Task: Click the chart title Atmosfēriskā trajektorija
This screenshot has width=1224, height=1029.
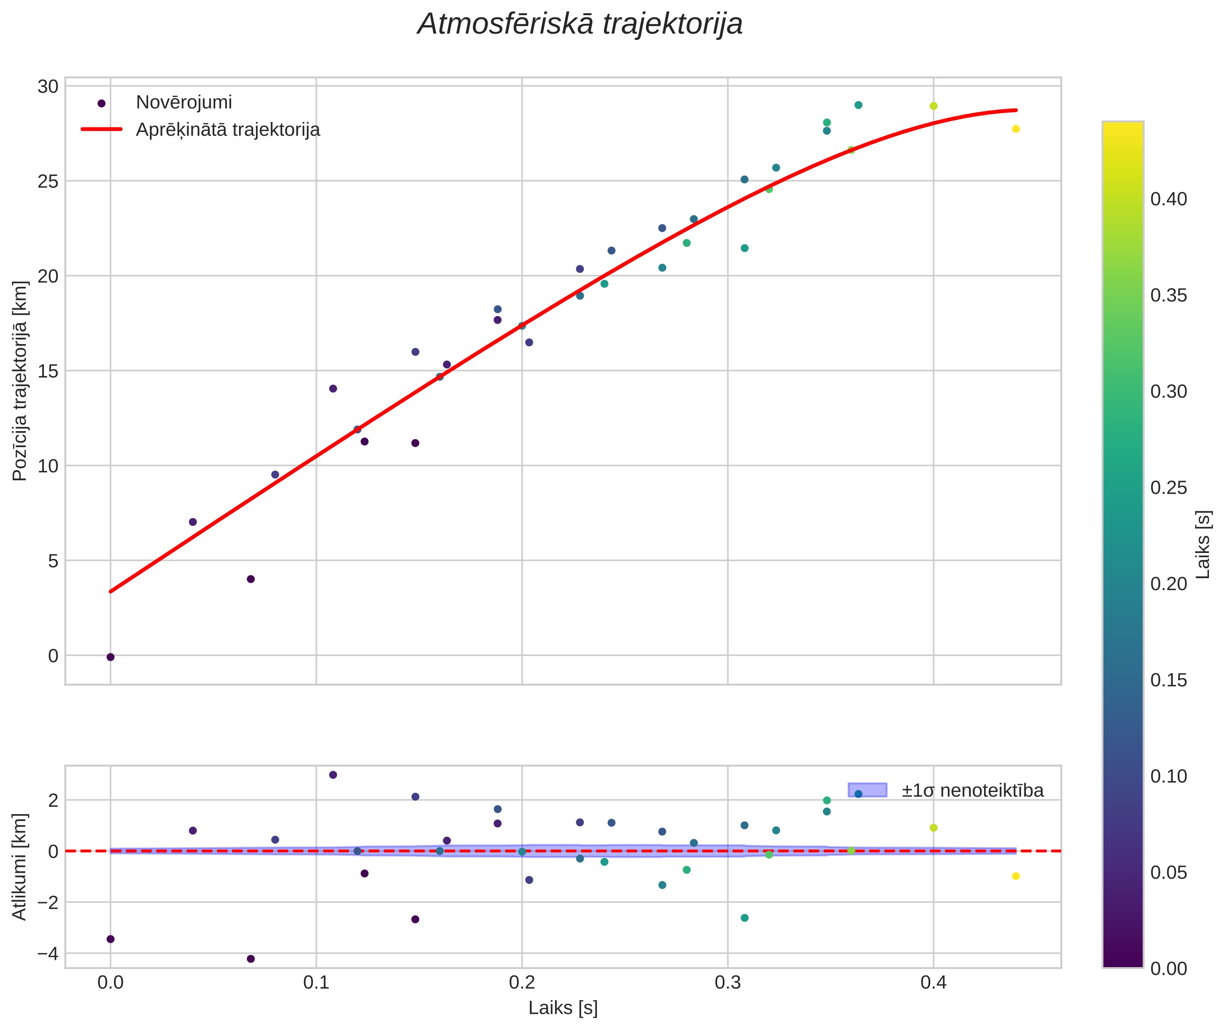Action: pyautogui.click(x=580, y=24)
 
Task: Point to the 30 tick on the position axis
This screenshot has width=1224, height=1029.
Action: pyautogui.click(x=49, y=86)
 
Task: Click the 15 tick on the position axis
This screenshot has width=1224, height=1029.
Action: pyautogui.click(x=49, y=371)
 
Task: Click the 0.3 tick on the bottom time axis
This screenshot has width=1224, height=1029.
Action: pyautogui.click(x=727, y=983)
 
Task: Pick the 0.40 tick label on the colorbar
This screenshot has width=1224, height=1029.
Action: pyautogui.click(x=1169, y=199)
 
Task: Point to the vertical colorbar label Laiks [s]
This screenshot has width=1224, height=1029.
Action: pyautogui.click(x=1203, y=545)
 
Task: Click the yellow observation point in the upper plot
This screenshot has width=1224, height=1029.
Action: pyautogui.click(x=1016, y=129)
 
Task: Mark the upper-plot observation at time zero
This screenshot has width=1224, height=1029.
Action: pyautogui.click(x=110, y=657)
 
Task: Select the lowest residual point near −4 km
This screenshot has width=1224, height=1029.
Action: pyautogui.click(x=251, y=959)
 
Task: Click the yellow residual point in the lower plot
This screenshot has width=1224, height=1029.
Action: pyautogui.click(x=1016, y=876)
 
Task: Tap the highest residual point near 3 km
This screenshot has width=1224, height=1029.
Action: pyautogui.click(x=333, y=775)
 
